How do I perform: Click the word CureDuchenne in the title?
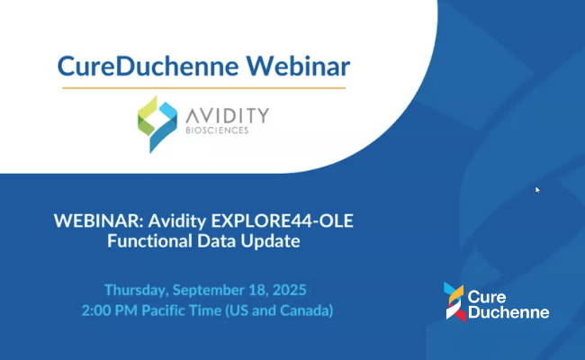pos(148,66)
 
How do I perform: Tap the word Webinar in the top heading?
pos(298,66)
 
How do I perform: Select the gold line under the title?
pos(204,88)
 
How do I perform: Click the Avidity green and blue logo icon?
pos(157,124)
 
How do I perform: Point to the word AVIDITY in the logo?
pos(227,115)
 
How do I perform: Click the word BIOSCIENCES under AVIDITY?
pos(217,130)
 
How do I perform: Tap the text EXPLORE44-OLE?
pos(282,220)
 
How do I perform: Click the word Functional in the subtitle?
pos(149,240)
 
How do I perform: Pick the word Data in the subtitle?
pos(216,240)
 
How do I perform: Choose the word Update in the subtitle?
pos(270,241)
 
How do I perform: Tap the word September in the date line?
pos(208,291)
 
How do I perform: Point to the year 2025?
pos(289,290)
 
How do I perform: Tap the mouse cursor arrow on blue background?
pos(537,190)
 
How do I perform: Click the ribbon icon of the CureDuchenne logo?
pos(454,301)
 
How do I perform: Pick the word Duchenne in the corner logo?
pos(508,312)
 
